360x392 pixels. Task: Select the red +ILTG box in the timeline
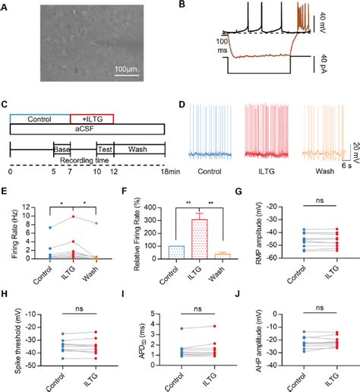tap(91, 120)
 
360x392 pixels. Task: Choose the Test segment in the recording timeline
tap(106, 149)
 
